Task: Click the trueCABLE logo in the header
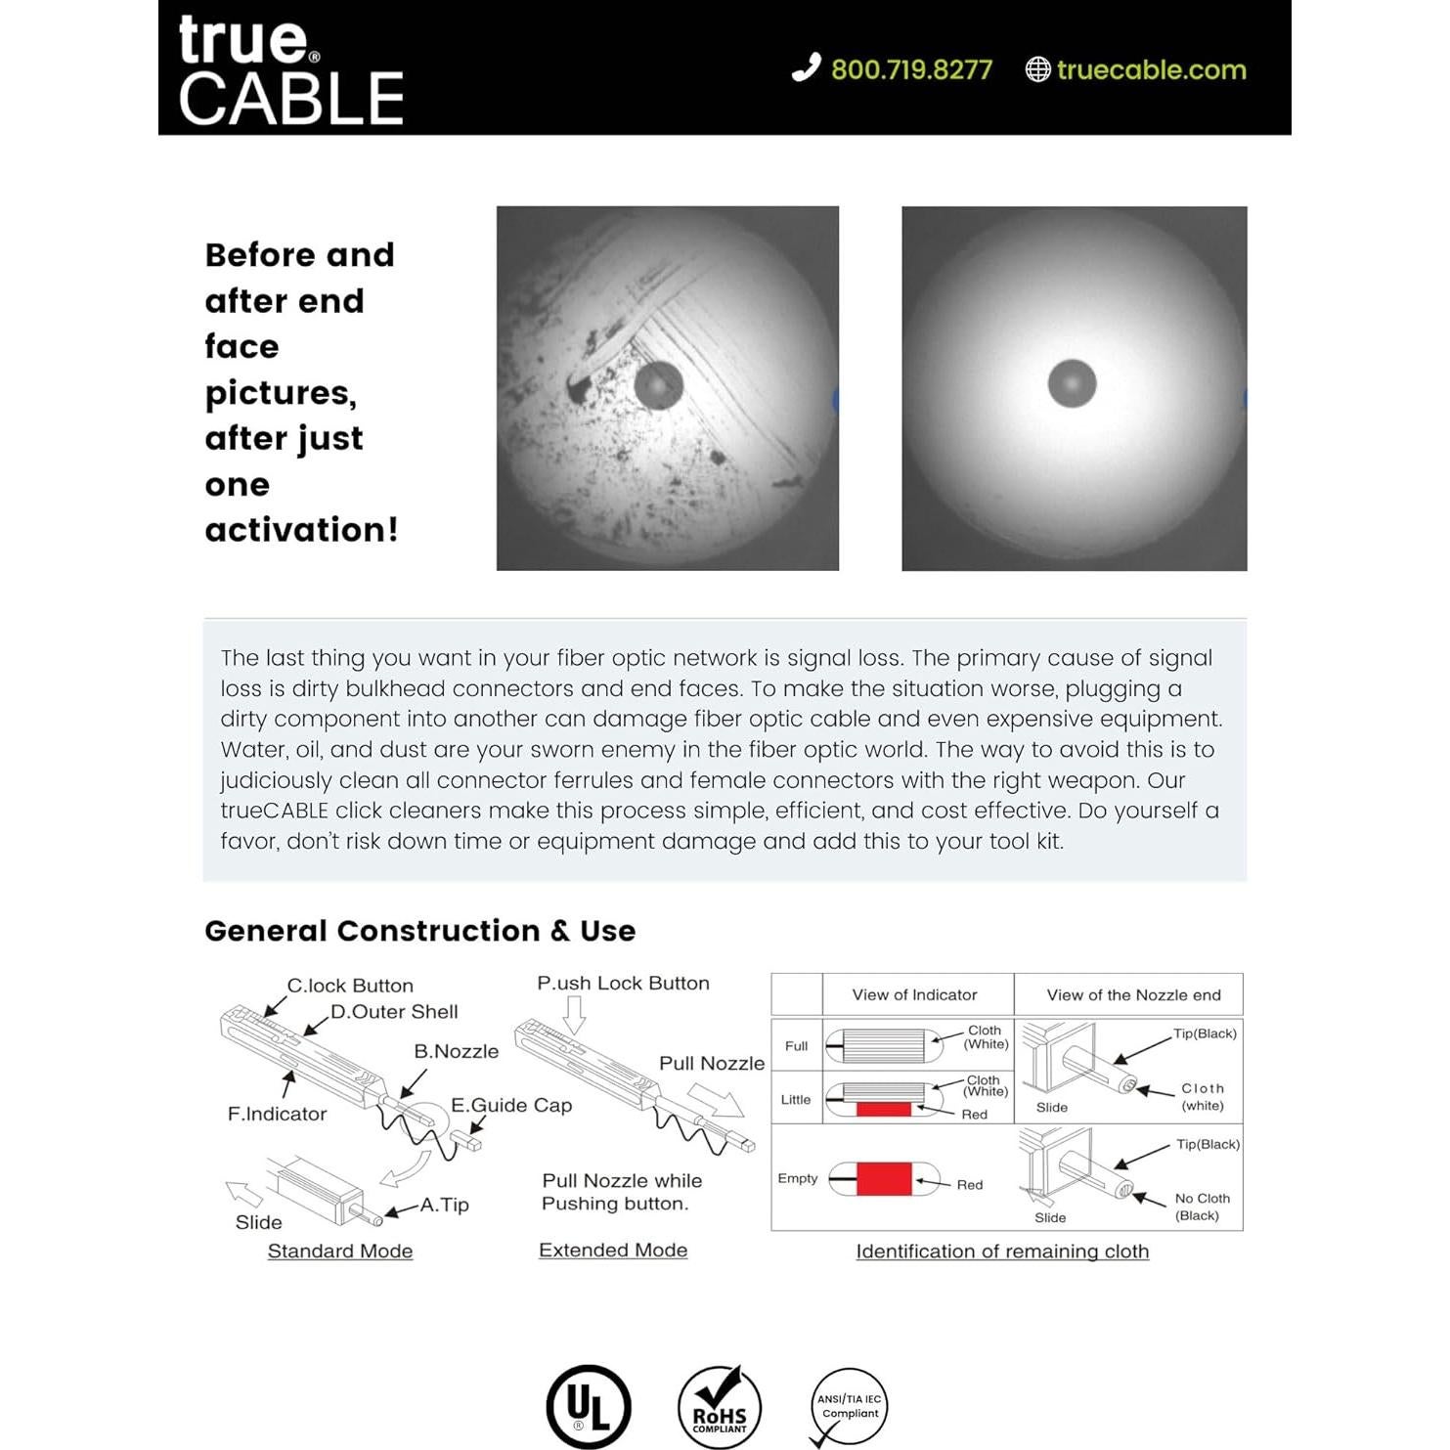click(290, 71)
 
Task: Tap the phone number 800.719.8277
click(911, 70)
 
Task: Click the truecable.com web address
click(1151, 70)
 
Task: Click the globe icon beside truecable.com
click(1037, 69)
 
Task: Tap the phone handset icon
click(806, 67)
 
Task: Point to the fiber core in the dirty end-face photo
click(658, 384)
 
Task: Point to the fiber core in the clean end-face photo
click(1072, 383)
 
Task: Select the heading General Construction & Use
click(419, 931)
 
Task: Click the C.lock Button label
click(350, 986)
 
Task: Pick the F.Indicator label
click(277, 1114)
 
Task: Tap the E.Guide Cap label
click(511, 1105)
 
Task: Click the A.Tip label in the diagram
click(445, 1205)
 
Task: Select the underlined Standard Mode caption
click(340, 1251)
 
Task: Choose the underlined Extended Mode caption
click(613, 1250)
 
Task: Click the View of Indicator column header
click(914, 994)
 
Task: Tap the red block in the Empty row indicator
click(884, 1179)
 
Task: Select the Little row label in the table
click(796, 1099)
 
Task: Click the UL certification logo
click(589, 1406)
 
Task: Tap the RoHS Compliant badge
click(720, 1408)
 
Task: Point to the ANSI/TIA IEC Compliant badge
click(849, 1407)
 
